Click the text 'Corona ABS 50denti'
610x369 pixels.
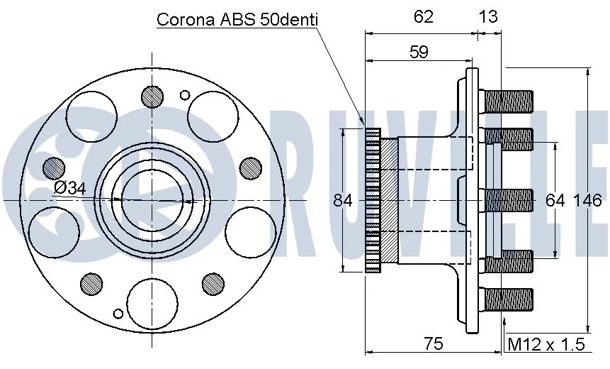[237, 19]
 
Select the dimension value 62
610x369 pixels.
[423, 16]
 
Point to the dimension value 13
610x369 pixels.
[488, 16]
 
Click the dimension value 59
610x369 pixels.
[418, 53]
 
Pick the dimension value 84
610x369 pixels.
[343, 201]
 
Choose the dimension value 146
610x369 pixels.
[587, 201]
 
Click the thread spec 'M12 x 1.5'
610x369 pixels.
[547, 345]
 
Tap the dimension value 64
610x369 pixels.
[555, 201]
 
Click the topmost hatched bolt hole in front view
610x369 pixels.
[152, 95]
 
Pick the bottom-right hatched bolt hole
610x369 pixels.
[213, 282]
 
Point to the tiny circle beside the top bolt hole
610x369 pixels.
[186, 94]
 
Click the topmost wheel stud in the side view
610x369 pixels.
[507, 100]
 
